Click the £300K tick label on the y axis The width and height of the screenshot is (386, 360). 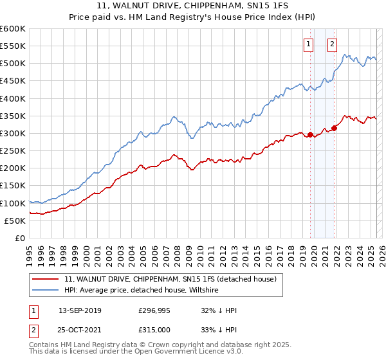12,133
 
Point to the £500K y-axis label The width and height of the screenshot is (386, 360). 12,64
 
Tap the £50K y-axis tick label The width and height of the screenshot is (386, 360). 15,221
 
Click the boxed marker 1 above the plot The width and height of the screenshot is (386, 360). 309,44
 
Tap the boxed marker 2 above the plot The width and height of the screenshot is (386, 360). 333,44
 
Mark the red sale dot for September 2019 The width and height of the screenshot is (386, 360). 310,134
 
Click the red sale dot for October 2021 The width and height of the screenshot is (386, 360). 335,128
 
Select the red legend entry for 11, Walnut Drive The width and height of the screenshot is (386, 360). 170,279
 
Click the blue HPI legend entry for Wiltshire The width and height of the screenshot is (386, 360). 141,291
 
